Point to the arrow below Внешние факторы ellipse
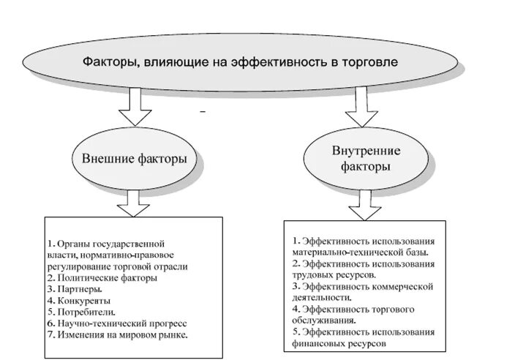133,203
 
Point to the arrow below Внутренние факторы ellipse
364,206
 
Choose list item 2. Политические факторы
102,278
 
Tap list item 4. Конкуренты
80,300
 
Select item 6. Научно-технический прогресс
117,323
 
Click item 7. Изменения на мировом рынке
117,334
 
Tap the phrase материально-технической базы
359,252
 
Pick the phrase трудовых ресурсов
334,274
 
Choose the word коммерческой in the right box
402,285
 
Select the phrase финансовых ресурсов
337,342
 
